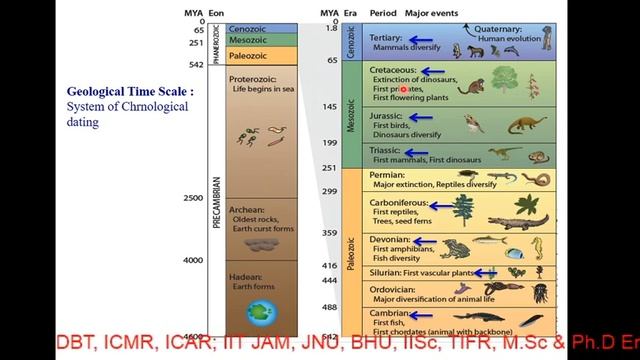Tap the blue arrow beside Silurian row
(x=485, y=272)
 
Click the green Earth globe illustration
(x=264, y=314)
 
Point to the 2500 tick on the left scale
(x=193, y=198)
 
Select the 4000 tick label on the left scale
(x=193, y=260)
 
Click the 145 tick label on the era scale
(x=329, y=107)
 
